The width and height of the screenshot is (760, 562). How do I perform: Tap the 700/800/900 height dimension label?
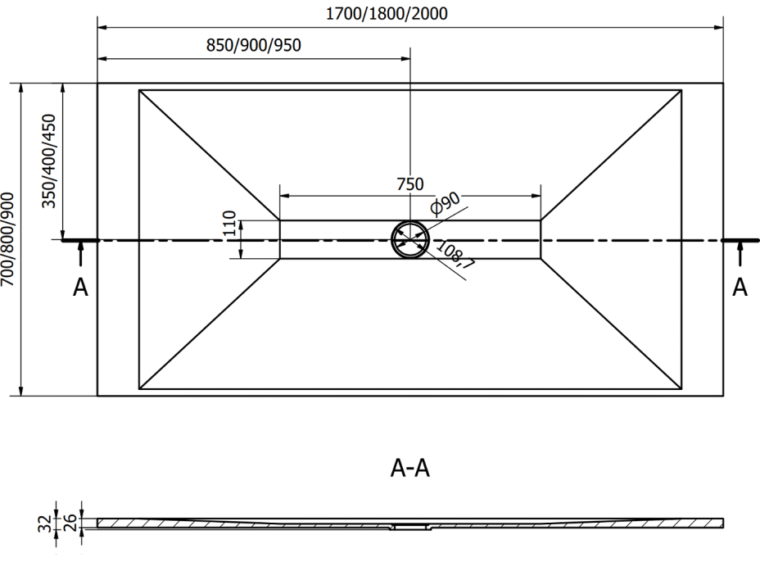pos(8,239)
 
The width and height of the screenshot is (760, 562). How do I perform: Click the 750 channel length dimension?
pos(409,184)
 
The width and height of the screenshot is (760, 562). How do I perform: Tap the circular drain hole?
pos(410,239)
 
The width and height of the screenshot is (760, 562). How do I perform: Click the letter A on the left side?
pos(79,288)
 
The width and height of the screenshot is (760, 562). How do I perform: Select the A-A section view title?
pos(410,469)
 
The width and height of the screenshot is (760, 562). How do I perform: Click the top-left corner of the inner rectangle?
pos(139,89)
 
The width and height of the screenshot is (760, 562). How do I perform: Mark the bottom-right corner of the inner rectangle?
pos(681,389)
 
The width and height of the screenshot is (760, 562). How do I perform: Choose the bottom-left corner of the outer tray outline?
pos(97,397)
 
